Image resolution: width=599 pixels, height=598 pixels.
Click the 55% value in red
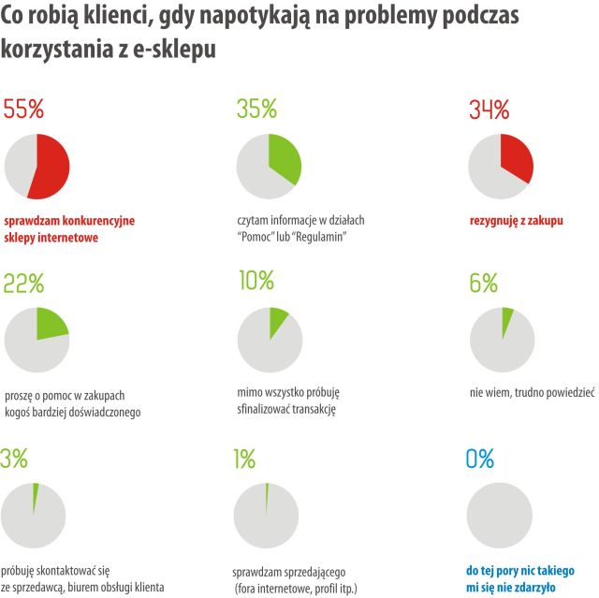(24, 109)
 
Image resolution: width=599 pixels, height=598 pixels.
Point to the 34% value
(488, 109)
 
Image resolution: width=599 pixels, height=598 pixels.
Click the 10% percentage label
(255, 280)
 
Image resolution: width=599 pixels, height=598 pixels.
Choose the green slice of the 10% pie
(278, 321)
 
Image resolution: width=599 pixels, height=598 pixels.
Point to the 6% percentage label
(483, 282)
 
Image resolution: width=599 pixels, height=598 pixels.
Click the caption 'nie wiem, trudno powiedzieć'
(532, 394)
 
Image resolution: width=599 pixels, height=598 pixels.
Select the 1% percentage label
(244, 458)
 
